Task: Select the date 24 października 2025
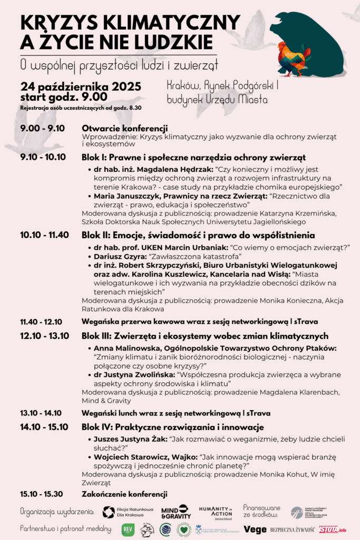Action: coord(81,86)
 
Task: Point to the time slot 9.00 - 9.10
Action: coord(42,128)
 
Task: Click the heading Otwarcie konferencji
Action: coord(125,128)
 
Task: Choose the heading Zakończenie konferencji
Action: coord(124,494)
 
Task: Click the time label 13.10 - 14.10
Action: coord(41,413)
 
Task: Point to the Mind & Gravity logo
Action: coord(176,512)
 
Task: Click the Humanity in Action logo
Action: coord(215,512)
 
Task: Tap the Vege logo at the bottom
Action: coord(255,529)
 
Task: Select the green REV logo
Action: coord(128,529)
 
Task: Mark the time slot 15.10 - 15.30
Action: coord(42,494)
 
